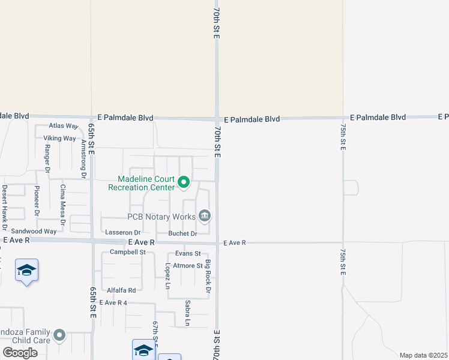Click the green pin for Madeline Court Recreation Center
184,181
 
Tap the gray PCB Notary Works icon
205,215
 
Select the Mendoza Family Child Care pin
59,335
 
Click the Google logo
20,353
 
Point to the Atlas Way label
64,126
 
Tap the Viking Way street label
59,138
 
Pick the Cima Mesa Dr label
62,200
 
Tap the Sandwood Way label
34,231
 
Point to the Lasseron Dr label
122,233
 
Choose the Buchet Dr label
182,233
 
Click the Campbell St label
128,252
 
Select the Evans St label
188,254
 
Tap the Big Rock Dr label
208,277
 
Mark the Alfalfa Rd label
121,290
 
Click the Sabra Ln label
187,314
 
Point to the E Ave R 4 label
113,303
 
